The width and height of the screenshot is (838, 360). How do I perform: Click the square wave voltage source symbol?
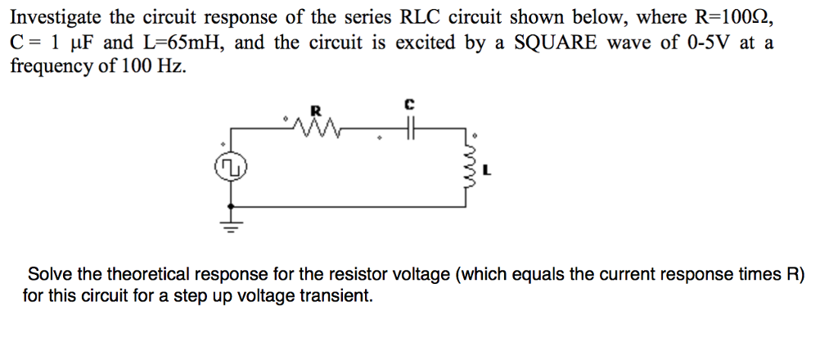pyautogui.click(x=232, y=168)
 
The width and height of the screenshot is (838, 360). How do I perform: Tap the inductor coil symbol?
pyautogui.click(x=469, y=171)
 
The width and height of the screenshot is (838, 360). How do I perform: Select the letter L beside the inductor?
pyautogui.click(x=488, y=171)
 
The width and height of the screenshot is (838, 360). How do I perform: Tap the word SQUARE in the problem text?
pyautogui.click(x=552, y=42)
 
